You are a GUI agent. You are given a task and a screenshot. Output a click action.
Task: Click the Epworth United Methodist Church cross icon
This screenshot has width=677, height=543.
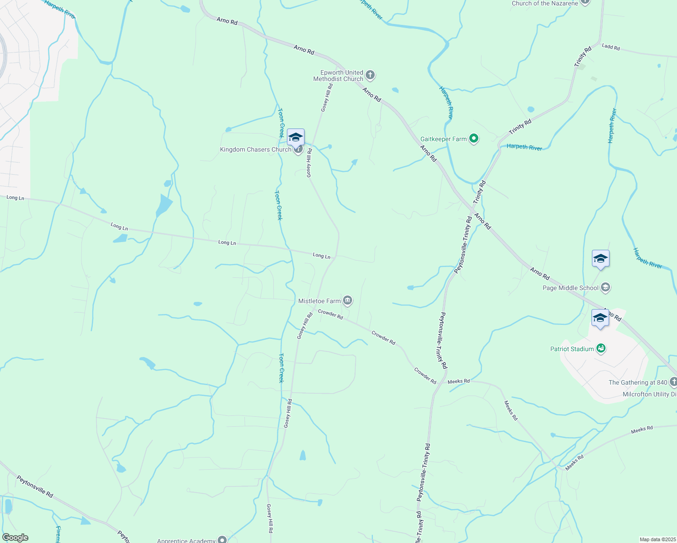point(370,75)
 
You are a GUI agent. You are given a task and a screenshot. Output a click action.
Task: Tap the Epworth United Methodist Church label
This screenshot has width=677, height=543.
point(338,76)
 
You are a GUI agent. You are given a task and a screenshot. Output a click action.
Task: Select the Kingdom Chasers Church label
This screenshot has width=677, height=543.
point(256,149)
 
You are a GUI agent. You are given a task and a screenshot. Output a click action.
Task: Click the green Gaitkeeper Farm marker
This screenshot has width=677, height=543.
point(474,138)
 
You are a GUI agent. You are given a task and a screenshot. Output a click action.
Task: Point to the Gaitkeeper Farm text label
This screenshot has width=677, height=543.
point(443,139)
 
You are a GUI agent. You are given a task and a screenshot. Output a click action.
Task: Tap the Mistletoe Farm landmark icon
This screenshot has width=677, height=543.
point(348,300)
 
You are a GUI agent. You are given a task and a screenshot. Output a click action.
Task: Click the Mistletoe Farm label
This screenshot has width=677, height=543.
point(319,301)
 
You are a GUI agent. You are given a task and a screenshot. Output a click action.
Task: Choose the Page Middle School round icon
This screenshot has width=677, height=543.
point(605,287)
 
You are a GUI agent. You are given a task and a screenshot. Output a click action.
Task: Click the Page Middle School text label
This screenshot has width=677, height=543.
point(570,288)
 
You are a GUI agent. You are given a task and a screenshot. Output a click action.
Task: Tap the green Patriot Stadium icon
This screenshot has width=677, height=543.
point(601,348)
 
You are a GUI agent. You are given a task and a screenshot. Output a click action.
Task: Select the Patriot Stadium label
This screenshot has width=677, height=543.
point(572,349)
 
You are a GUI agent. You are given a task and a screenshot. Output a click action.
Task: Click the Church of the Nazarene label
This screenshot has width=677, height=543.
point(545,3)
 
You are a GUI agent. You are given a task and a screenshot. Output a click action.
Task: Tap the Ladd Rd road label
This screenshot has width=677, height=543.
point(610,47)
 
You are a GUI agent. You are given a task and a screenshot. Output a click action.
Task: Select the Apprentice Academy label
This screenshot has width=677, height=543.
point(186,540)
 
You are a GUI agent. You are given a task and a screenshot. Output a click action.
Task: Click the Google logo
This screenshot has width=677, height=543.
point(15,538)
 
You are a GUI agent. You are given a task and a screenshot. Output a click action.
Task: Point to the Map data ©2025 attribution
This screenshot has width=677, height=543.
point(657,539)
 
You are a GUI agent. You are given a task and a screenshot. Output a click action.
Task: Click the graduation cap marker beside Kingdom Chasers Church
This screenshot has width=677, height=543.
point(296,138)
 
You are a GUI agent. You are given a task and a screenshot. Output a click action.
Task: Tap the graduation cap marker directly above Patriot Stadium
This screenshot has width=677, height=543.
point(600,318)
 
